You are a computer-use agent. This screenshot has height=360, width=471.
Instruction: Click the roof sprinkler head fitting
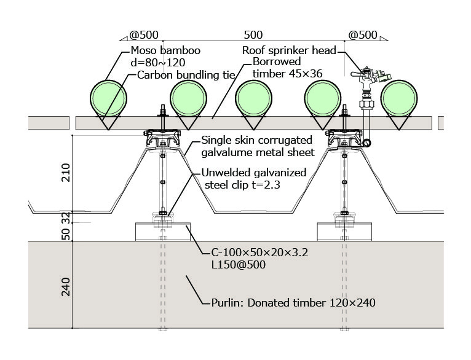[368, 76]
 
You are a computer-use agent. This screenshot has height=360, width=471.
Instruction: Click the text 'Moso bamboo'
[160, 50]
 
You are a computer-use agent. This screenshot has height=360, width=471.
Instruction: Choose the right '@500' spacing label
[363, 36]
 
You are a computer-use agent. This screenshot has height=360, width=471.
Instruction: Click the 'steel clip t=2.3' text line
[243, 184]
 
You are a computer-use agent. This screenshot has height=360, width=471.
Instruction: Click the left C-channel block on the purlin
[162, 232]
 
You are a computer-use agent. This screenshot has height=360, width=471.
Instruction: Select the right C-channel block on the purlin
[344, 232]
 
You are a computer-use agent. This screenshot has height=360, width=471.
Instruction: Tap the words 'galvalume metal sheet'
[258, 152]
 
